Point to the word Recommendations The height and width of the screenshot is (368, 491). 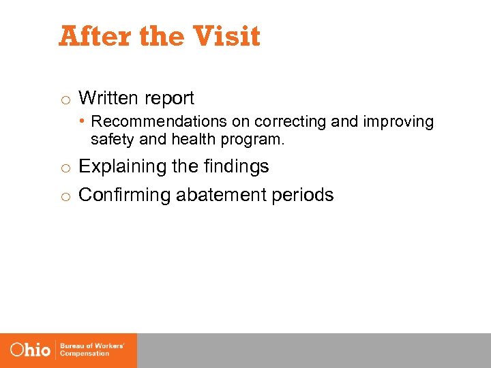(x=148, y=122)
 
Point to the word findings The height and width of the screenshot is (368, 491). (x=235, y=166)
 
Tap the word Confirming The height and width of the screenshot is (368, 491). (x=125, y=195)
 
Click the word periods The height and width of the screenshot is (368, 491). (x=303, y=195)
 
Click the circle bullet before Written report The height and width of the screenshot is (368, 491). (x=64, y=99)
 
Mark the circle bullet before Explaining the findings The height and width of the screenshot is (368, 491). (x=64, y=168)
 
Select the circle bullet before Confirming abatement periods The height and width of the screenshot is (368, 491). (x=64, y=196)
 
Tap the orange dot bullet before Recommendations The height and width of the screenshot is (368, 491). (x=81, y=121)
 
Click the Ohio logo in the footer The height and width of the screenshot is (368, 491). (x=31, y=350)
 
